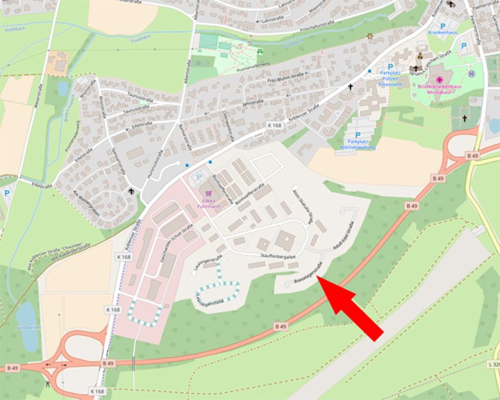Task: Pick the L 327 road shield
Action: [x=494, y=363]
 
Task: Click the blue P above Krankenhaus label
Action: [x=442, y=26]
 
